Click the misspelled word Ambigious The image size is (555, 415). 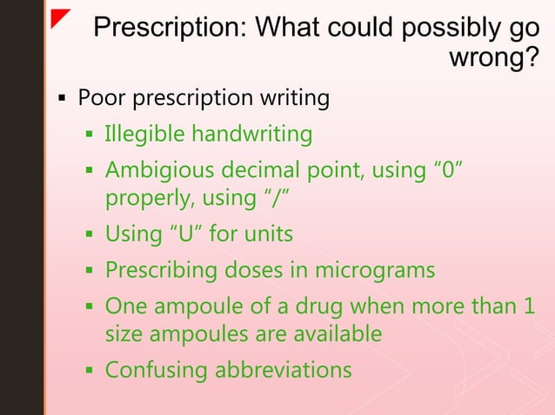pos(159,168)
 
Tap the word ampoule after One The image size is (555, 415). pos(197,306)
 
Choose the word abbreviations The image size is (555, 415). pos(283,370)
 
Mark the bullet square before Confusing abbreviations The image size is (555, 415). pos(89,372)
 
